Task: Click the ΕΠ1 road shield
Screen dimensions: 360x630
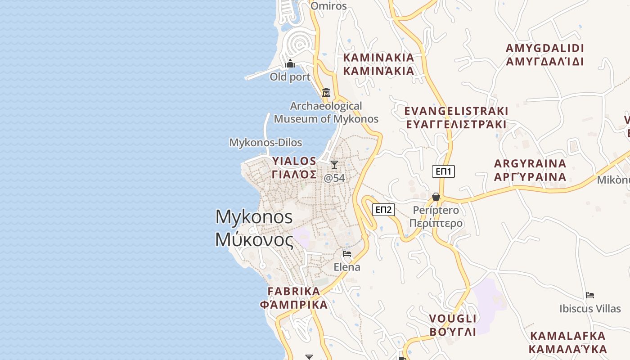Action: (443, 171)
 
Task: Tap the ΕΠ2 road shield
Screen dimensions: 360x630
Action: (384, 209)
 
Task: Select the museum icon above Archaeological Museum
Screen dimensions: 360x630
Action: (326, 93)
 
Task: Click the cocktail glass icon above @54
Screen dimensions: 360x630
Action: (334, 165)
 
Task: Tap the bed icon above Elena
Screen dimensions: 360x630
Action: (347, 253)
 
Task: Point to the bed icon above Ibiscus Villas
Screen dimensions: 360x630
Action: (590, 295)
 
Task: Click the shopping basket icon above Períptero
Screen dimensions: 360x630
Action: (436, 197)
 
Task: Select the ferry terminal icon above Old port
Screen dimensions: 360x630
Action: (290, 64)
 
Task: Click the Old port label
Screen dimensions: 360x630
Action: (290, 77)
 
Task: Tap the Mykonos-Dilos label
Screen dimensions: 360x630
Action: (265, 143)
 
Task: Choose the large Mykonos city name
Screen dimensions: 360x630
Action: (254, 217)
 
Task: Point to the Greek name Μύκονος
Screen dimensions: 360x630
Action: (254, 239)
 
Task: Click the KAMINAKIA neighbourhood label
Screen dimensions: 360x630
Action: (378, 58)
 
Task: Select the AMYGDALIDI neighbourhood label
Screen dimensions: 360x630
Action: (544, 48)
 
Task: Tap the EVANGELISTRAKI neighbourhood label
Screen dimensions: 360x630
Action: (456, 111)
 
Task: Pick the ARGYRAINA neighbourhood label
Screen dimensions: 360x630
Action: (530, 163)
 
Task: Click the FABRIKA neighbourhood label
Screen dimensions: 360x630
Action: (294, 291)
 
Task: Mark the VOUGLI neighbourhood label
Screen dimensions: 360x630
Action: (452, 319)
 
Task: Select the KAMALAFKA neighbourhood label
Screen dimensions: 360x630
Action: (568, 336)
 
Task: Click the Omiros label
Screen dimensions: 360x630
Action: (329, 6)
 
